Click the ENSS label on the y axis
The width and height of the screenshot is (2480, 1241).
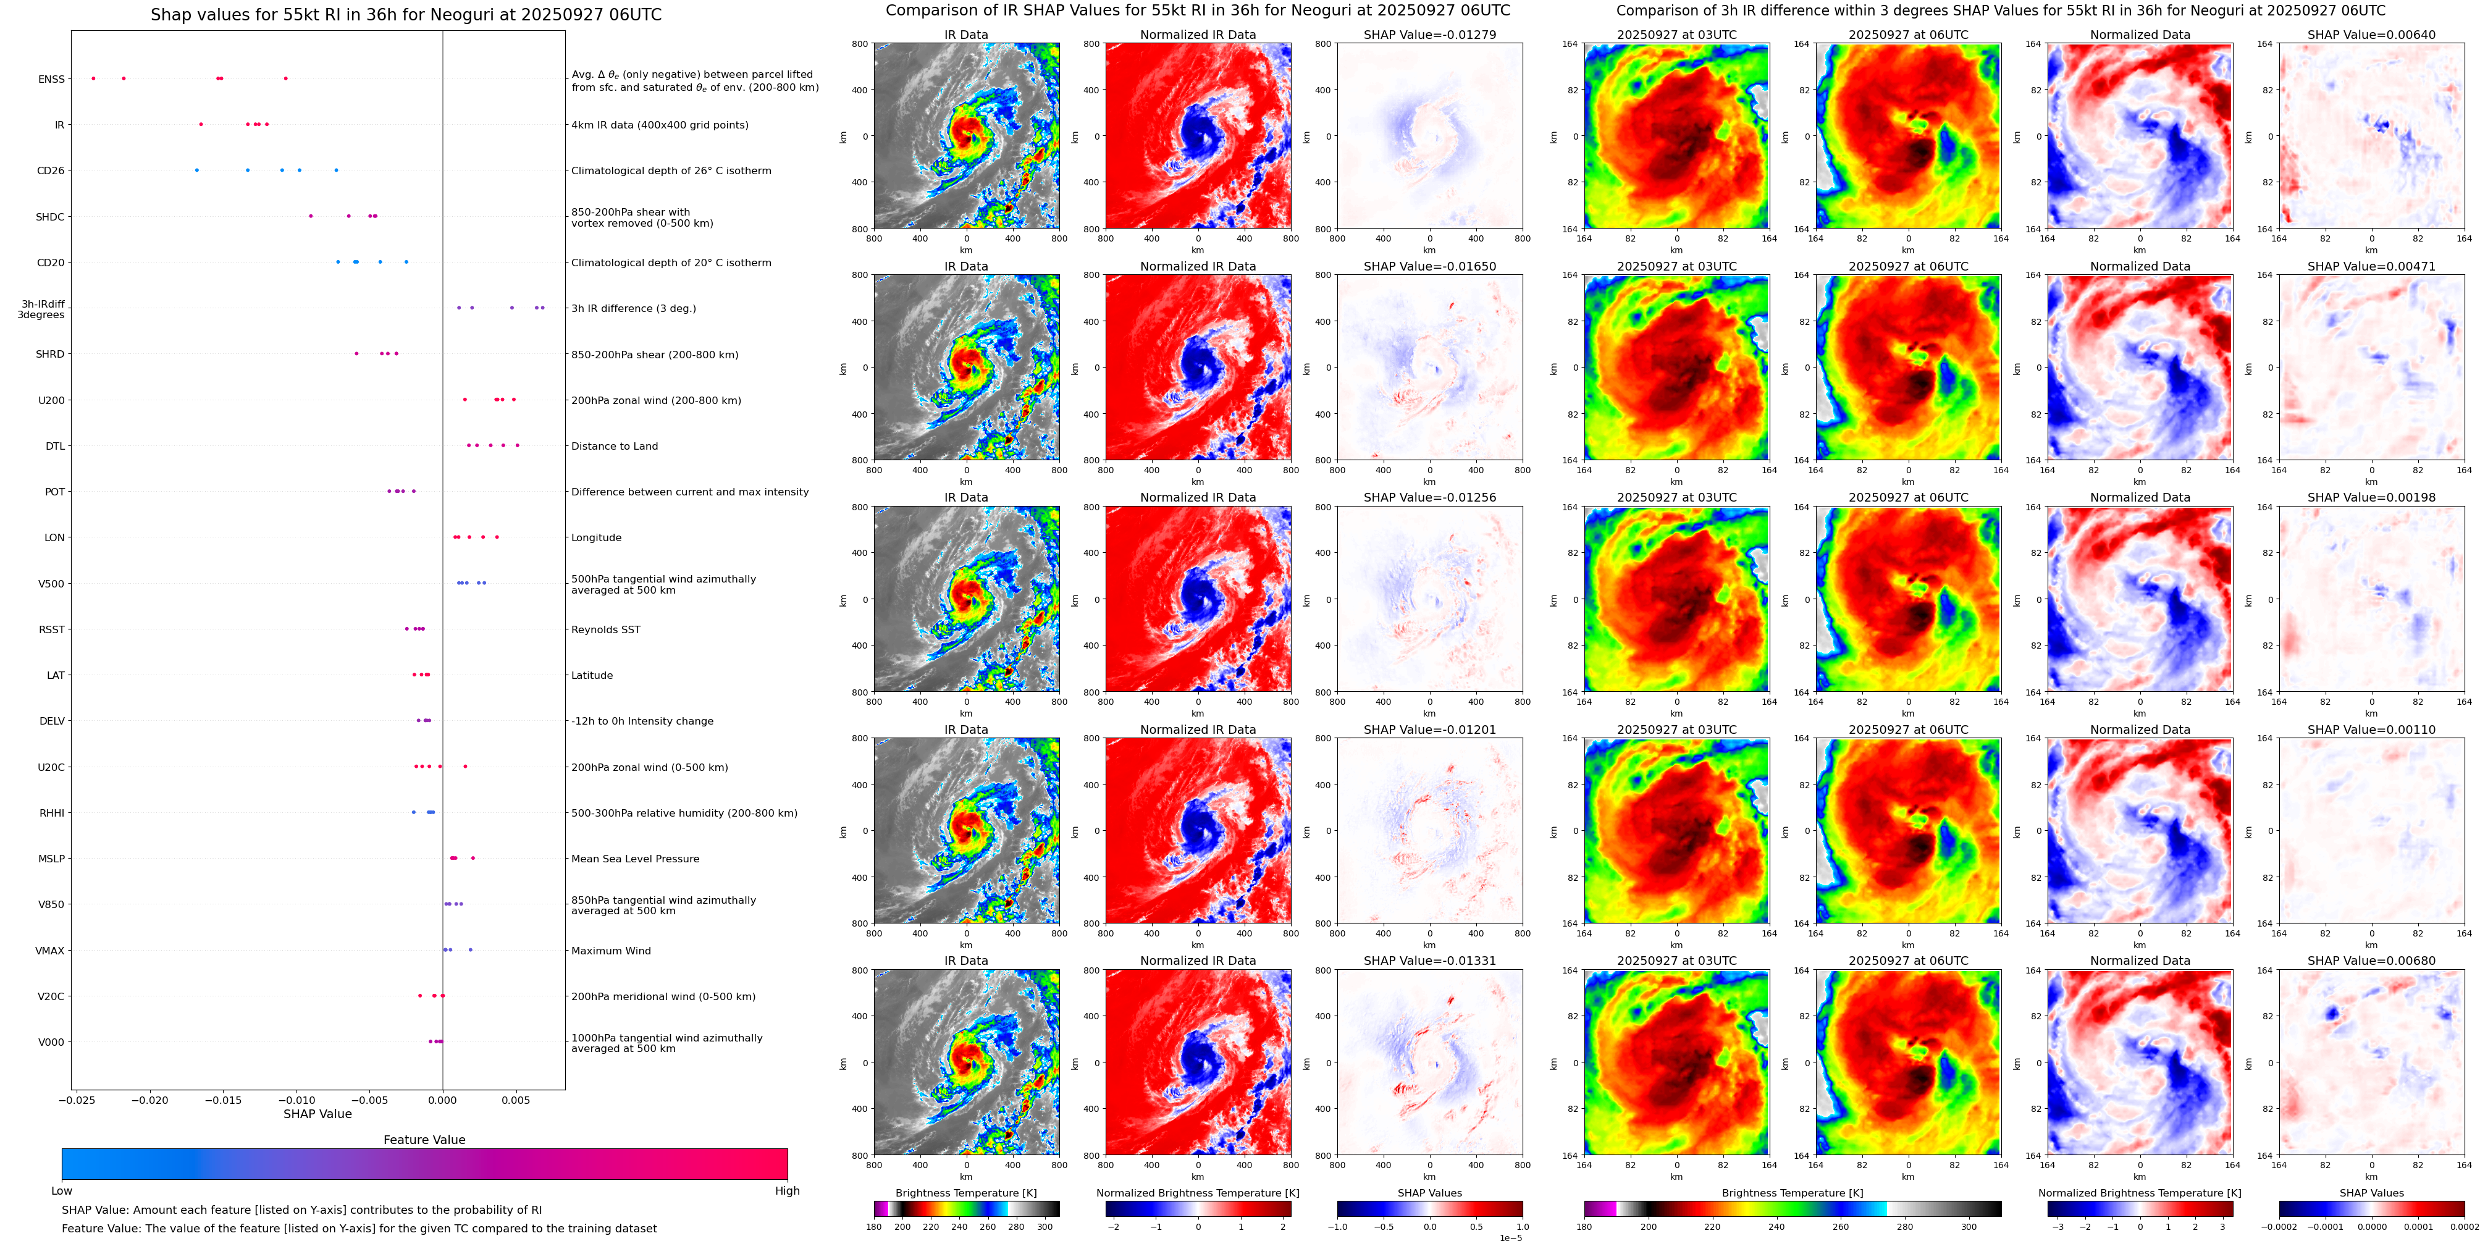pos(51,79)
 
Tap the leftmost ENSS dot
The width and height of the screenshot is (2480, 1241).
pos(93,78)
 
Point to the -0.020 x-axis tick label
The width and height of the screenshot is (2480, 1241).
pos(149,1100)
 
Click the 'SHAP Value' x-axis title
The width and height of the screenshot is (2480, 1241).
pos(317,1114)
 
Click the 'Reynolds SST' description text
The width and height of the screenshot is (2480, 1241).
pos(605,629)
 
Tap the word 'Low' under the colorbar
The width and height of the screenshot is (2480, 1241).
pos(62,1191)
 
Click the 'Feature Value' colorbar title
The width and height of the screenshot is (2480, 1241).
pos(424,1140)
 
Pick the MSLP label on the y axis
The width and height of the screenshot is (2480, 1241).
pos(51,859)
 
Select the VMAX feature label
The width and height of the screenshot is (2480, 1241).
pos(50,950)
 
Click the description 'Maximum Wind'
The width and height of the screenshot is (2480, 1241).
pos(610,950)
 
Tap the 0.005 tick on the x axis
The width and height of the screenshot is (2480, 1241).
pos(515,1100)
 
